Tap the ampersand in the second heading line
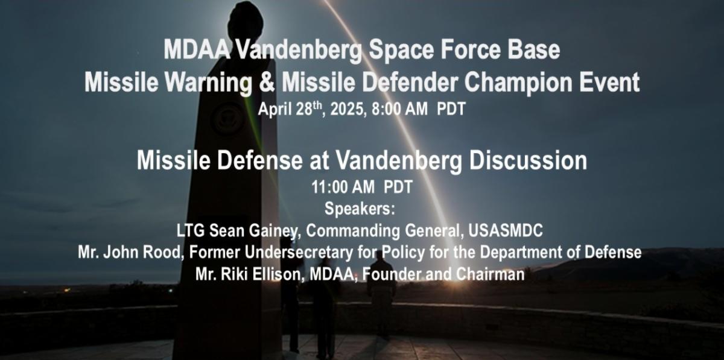coord(266,83)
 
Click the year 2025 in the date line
coord(346,109)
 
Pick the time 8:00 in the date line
coord(384,109)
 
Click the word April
coord(275,109)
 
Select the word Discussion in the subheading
coord(528,160)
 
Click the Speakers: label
coord(360,209)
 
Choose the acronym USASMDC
coord(506,231)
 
